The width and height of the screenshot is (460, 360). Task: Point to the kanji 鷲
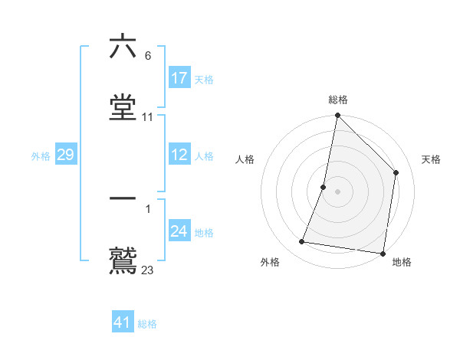click(x=123, y=260)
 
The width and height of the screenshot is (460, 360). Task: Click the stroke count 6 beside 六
click(x=147, y=56)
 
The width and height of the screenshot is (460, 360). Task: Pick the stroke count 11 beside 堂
click(x=148, y=117)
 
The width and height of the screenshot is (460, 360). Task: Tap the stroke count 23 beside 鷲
click(x=148, y=270)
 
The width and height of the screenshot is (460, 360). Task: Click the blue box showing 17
click(x=179, y=78)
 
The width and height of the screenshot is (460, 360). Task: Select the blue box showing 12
click(x=179, y=155)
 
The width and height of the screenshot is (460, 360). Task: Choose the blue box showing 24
click(x=179, y=231)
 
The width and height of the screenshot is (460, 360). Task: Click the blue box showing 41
click(x=123, y=322)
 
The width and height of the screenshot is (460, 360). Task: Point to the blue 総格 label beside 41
click(x=147, y=324)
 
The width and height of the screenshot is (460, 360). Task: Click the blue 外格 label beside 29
click(x=41, y=156)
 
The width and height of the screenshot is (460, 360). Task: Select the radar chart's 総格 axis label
click(x=338, y=100)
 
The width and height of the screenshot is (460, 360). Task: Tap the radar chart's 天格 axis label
click(x=432, y=159)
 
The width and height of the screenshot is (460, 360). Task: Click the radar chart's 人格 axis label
click(x=245, y=159)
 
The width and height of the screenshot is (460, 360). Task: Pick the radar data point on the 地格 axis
click(x=383, y=253)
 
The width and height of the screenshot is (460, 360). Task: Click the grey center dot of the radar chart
click(x=338, y=191)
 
